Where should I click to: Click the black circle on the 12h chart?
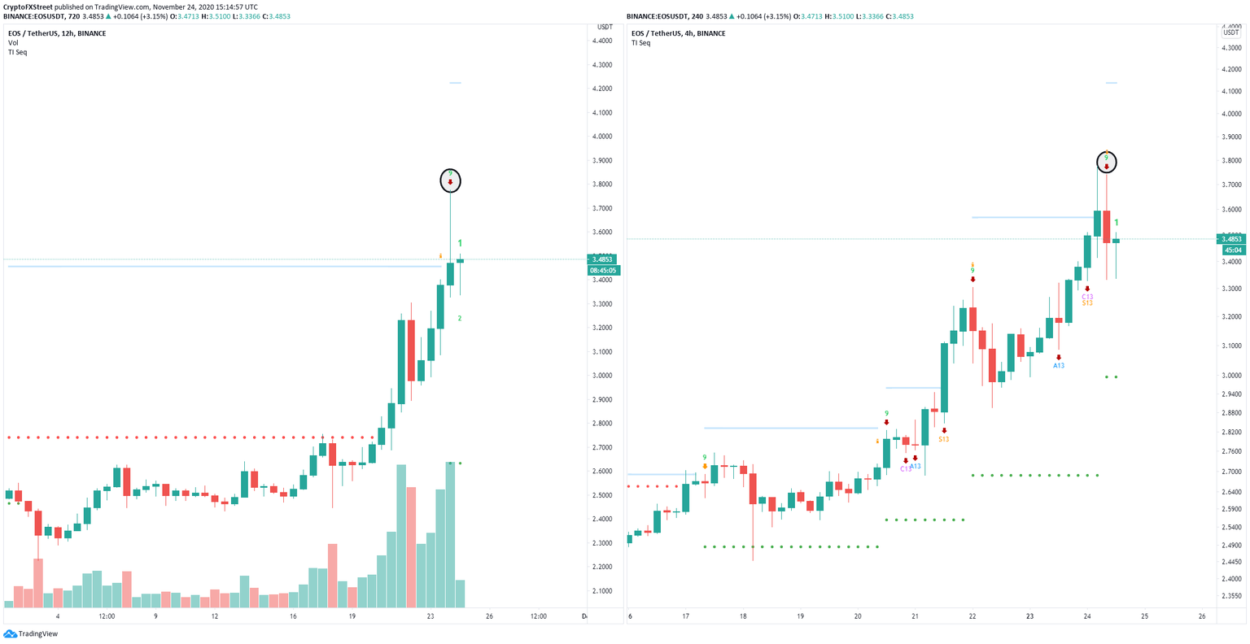[x=450, y=180]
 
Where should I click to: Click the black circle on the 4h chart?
[x=1106, y=163]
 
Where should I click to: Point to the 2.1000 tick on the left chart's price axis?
[x=602, y=590]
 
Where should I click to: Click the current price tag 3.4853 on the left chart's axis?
[x=603, y=259]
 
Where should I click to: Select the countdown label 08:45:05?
[x=603, y=271]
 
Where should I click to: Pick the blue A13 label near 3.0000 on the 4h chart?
[x=1058, y=366]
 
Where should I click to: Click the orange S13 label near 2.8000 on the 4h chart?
[x=943, y=439]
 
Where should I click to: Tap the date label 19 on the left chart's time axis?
[x=352, y=616]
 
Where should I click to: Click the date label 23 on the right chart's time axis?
[x=1029, y=616]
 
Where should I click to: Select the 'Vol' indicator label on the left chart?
[x=13, y=42]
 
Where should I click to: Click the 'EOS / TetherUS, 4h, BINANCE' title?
[x=678, y=33]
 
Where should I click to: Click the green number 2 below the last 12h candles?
[x=460, y=319]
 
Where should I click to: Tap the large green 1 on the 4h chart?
[x=1117, y=223]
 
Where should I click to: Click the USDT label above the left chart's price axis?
[x=605, y=27]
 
